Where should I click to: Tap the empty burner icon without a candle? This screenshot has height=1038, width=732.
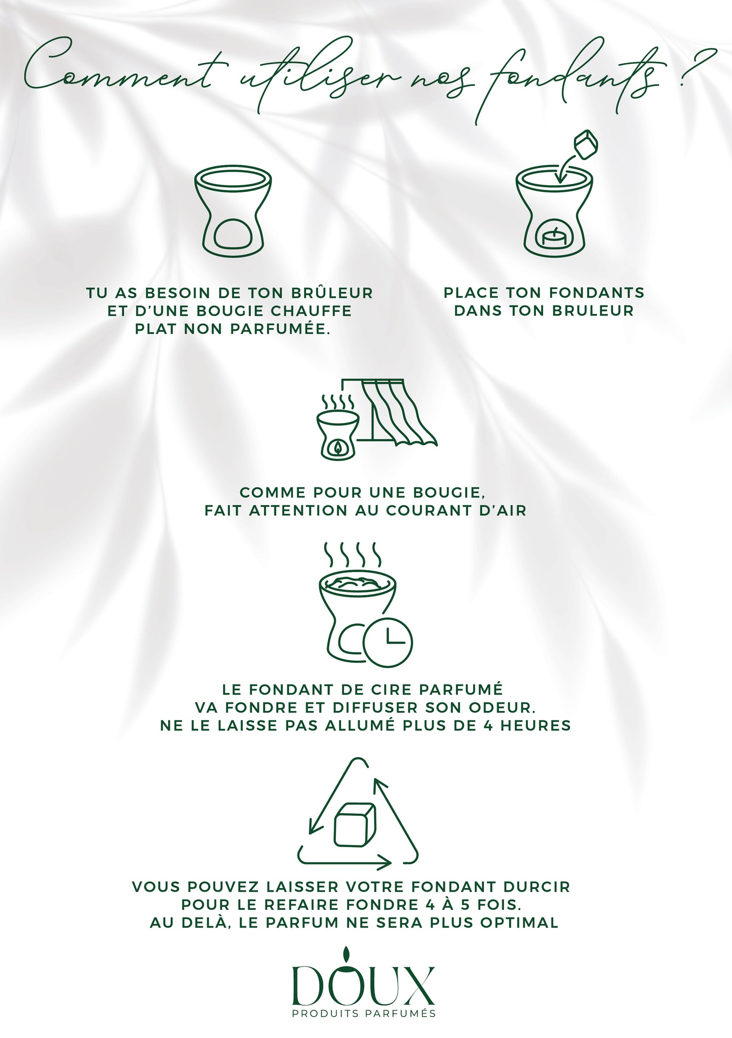tap(233, 212)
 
